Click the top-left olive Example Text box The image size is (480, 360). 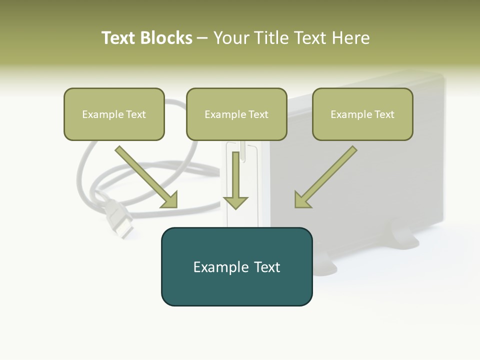pyautogui.click(x=114, y=114)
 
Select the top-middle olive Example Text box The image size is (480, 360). pyautogui.click(x=236, y=114)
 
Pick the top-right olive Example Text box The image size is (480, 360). pyautogui.click(x=362, y=114)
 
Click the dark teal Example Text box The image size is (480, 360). pyautogui.click(x=236, y=267)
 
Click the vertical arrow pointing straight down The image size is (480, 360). pyautogui.click(x=235, y=177)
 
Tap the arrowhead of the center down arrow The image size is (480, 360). pyautogui.click(x=235, y=202)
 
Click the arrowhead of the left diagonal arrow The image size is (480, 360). pyautogui.click(x=169, y=200)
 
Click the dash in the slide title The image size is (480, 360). pyautogui.click(x=202, y=38)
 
